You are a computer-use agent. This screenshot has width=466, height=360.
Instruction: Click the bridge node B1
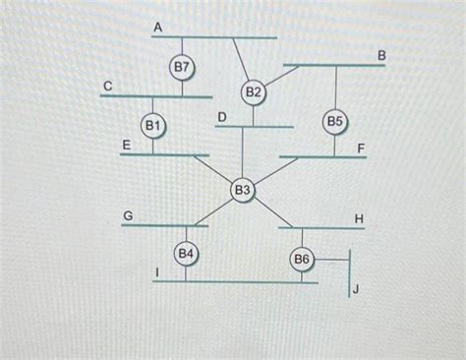click(153, 126)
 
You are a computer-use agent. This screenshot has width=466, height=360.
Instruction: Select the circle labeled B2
click(254, 92)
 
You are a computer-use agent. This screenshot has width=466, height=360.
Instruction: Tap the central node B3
click(242, 189)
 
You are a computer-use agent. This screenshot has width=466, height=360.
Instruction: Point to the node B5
click(334, 122)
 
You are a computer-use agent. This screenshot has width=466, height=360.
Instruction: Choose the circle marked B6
click(301, 260)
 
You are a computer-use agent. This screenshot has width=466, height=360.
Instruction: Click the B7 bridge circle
click(182, 67)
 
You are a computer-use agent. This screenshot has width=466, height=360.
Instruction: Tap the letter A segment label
click(157, 28)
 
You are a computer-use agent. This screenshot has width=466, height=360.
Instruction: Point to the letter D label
click(222, 117)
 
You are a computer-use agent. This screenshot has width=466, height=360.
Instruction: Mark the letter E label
click(126, 146)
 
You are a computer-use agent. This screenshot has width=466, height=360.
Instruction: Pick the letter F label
click(362, 148)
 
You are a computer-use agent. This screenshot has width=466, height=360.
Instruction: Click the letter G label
click(127, 213)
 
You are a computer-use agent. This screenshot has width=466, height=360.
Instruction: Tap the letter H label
click(359, 216)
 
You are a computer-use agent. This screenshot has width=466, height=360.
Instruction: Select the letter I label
click(157, 270)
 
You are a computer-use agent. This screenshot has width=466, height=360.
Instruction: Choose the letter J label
click(356, 288)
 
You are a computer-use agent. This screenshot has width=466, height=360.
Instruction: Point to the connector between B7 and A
click(182, 44)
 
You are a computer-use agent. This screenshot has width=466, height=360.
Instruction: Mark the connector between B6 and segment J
click(331, 260)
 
